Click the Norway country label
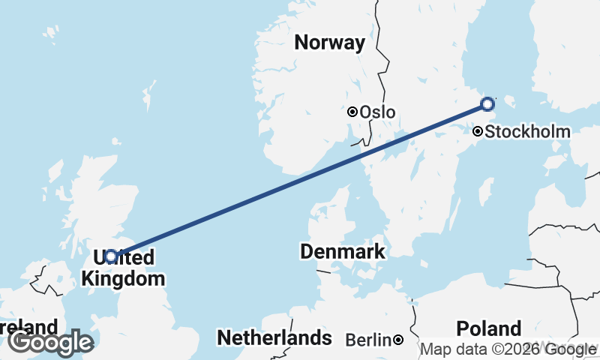click(x=329, y=43)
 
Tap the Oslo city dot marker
click(x=352, y=112)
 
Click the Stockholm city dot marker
click(x=478, y=132)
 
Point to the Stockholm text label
click(x=527, y=133)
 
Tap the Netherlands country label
click(x=274, y=337)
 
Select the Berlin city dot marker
click(x=398, y=340)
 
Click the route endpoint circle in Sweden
click(x=487, y=104)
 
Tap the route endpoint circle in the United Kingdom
click(x=111, y=256)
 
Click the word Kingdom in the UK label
click(x=122, y=278)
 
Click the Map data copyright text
click(x=508, y=349)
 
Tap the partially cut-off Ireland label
click(x=28, y=328)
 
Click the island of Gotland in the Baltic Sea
click(x=486, y=190)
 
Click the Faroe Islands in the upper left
click(x=51, y=33)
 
